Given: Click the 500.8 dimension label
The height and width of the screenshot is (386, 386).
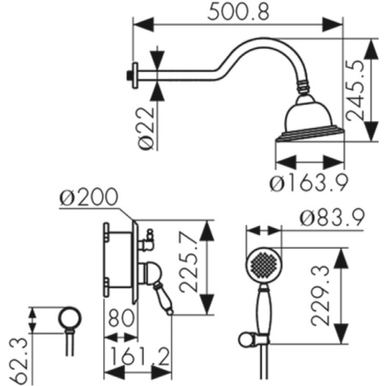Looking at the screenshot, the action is [238, 12].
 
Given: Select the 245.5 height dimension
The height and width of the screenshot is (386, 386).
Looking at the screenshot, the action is [355, 90].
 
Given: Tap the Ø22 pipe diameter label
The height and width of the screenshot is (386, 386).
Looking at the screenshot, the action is [147, 128].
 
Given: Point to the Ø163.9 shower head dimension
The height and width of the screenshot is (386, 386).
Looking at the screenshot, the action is [309, 182].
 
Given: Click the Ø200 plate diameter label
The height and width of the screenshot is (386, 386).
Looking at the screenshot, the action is [89, 196].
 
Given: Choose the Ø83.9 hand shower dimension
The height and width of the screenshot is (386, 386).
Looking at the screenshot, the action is [332, 218].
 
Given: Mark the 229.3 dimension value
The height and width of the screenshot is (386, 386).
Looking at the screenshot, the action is [320, 295].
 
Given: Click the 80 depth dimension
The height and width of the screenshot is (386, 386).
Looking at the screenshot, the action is [121, 317].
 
